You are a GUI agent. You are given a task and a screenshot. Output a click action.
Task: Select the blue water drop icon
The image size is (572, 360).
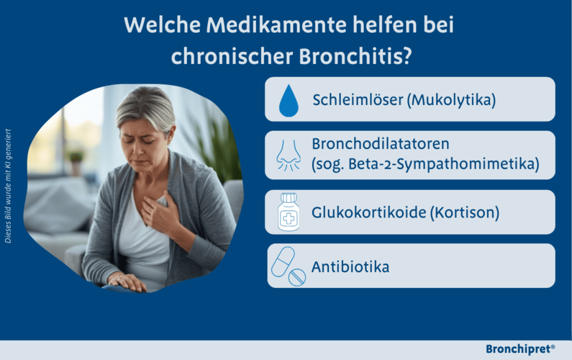coord(288,100)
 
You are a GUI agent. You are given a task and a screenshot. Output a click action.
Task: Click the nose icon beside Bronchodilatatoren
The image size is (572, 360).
coord(288,155)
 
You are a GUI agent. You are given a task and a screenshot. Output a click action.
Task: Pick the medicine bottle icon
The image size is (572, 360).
coord(289,212)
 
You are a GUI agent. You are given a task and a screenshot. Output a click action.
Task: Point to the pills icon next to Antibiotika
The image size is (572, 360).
coord(288,266)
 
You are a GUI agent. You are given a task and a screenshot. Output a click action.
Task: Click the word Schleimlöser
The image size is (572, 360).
coord(357,99)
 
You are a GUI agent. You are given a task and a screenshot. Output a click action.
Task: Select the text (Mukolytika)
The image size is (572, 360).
coord(451,99)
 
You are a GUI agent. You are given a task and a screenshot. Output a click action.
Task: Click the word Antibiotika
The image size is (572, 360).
coord(350,267)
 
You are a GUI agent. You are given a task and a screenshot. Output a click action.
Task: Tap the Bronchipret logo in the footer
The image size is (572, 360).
coord(520,349)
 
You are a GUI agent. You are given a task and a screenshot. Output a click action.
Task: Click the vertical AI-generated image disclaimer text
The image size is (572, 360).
coord(8,186)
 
